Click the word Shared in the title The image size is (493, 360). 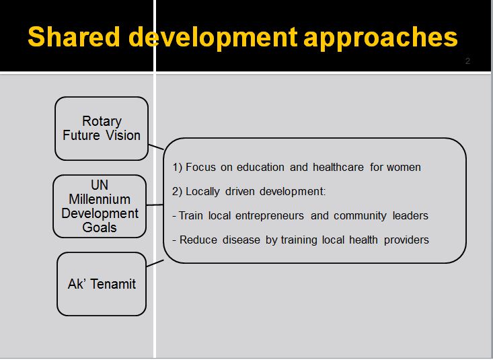click(x=74, y=37)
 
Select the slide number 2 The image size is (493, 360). click(x=467, y=61)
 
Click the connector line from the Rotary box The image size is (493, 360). click(x=156, y=147)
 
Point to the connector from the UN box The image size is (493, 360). click(x=155, y=205)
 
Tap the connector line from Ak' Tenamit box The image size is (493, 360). click(x=155, y=263)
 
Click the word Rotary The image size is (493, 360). click(x=102, y=122)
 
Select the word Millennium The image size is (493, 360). click(x=100, y=199)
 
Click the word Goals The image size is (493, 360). click(x=100, y=227)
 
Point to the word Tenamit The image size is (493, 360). click(x=113, y=284)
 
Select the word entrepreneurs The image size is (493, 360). click(x=270, y=216)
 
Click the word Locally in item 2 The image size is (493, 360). click(x=202, y=192)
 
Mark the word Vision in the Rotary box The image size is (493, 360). click(x=123, y=136)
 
